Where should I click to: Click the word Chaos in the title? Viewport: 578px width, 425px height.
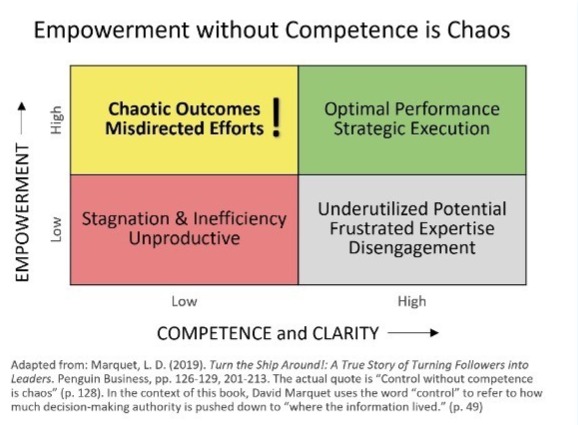point(478,30)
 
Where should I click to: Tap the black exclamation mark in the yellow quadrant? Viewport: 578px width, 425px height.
point(276,117)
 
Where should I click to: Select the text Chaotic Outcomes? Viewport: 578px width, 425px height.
point(184,109)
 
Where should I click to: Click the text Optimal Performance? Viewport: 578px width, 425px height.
point(412,109)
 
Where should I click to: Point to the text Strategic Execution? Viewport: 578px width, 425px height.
point(412,129)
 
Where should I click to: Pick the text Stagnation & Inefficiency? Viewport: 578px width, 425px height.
point(184,219)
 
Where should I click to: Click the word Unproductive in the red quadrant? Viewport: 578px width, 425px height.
point(184,238)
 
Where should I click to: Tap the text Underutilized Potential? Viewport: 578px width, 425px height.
point(412,209)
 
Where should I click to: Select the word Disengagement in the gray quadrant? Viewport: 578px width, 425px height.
point(412,248)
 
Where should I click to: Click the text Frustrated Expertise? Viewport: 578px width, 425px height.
point(412,229)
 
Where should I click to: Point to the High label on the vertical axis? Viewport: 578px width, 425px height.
point(56,120)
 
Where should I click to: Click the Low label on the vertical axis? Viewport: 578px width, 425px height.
point(56,229)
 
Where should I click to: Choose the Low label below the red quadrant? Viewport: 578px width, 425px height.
point(184,302)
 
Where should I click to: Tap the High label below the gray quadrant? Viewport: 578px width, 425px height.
point(412,302)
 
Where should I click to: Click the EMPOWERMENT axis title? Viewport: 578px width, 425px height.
point(22,213)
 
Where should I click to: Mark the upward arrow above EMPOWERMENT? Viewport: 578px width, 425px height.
point(22,118)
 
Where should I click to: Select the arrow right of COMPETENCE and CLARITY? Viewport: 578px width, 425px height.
point(413,333)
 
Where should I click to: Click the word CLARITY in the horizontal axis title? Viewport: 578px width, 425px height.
point(345,333)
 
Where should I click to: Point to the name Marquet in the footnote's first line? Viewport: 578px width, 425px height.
point(113,365)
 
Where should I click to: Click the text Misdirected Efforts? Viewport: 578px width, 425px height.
point(184,129)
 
